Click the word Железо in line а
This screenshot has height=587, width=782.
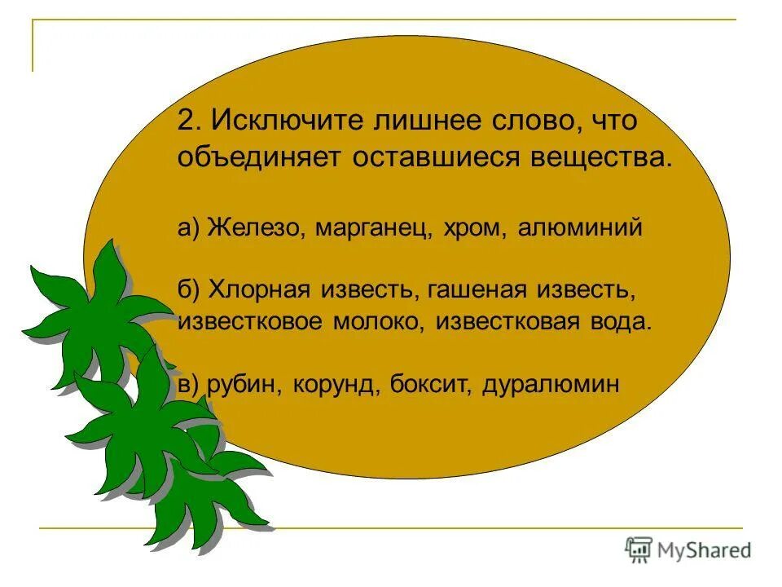253,227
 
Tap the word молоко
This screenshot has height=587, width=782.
376,320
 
